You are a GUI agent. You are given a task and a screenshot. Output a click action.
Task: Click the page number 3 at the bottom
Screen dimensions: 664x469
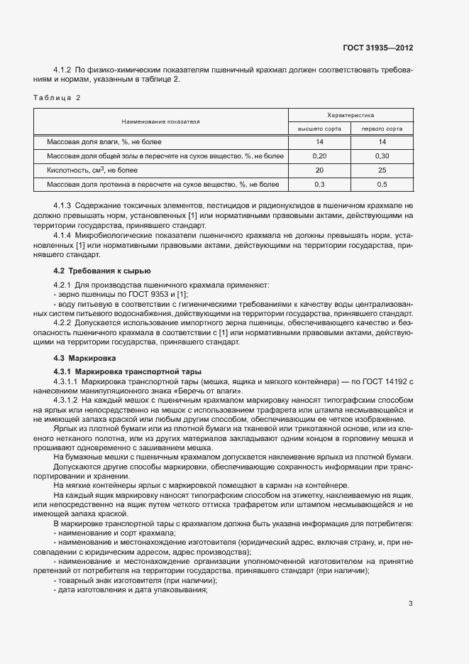[x=410, y=604]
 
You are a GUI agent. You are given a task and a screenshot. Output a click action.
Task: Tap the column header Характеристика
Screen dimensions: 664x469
[x=351, y=114]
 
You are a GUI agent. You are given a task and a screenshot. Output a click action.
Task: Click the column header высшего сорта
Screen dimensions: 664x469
[x=319, y=129]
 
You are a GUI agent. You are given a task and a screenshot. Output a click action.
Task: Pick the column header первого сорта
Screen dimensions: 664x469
[x=382, y=129]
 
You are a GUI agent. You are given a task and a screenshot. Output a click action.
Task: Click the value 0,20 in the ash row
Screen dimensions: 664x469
[x=319, y=156]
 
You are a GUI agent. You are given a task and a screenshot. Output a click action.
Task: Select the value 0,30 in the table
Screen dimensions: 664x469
[x=382, y=156]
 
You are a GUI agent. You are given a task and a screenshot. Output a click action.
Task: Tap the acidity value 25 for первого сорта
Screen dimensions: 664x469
[x=382, y=170]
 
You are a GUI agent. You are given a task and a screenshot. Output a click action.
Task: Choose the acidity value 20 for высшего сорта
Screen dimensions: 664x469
[x=319, y=170]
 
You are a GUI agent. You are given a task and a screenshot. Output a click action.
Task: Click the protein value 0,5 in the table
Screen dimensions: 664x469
[x=382, y=185]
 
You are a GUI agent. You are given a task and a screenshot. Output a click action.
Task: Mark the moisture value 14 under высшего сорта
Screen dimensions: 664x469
[x=319, y=142]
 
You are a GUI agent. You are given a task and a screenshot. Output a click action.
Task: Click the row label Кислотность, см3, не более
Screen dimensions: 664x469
[x=91, y=170]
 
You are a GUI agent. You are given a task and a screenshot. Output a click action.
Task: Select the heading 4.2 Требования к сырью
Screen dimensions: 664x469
[x=102, y=271]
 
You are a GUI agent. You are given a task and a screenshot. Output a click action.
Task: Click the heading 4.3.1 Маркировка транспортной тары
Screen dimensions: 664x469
[x=128, y=371]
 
